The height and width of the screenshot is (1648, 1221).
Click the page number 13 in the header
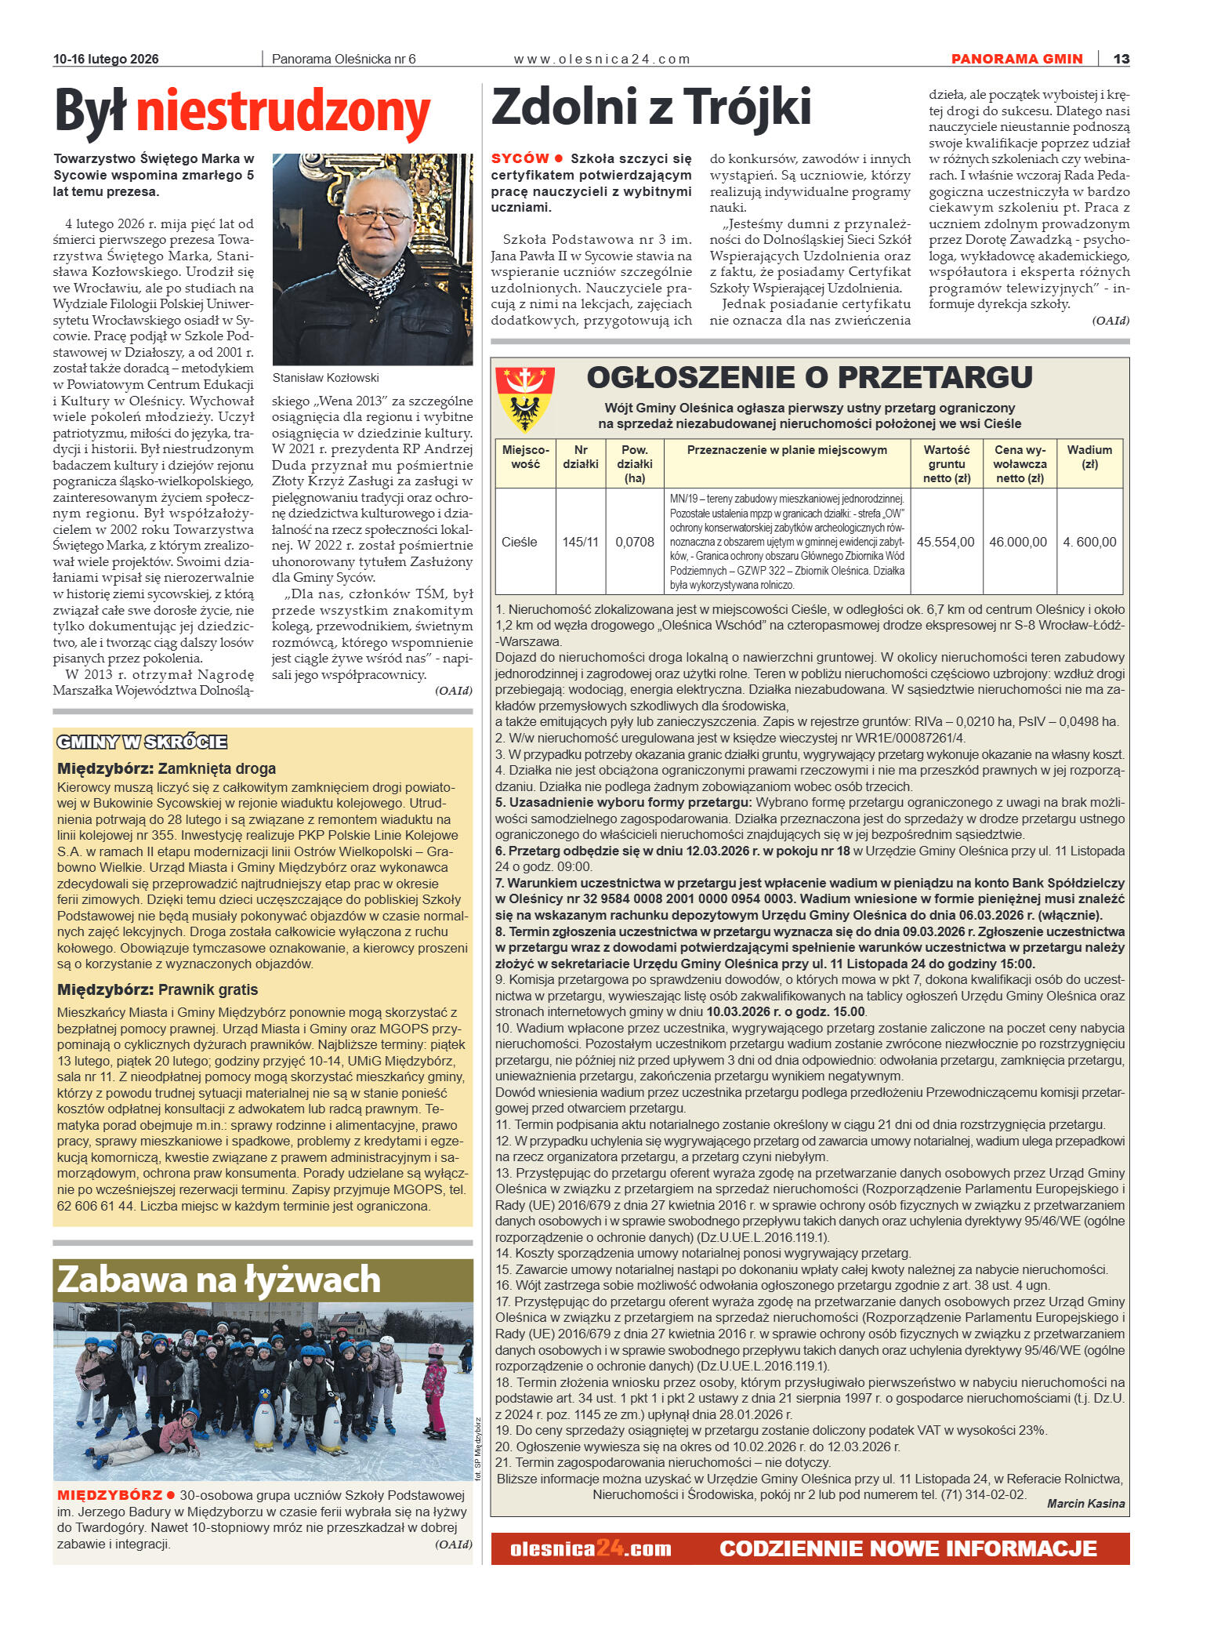point(1121,59)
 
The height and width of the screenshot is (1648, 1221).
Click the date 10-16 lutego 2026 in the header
point(106,60)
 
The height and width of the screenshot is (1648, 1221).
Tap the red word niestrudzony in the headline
point(283,111)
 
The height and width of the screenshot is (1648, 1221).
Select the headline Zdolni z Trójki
point(650,107)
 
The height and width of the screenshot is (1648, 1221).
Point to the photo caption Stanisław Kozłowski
point(325,377)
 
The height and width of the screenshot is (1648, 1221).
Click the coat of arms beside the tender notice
point(524,400)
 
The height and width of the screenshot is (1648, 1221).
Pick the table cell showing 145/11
point(580,542)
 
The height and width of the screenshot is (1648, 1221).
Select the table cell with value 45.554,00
point(946,542)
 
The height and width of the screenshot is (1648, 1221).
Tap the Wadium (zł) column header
point(1089,456)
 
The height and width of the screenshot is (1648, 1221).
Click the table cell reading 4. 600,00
point(1089,542)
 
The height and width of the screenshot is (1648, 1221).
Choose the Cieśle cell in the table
point(520,542)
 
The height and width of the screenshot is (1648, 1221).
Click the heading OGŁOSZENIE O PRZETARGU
point(810,377)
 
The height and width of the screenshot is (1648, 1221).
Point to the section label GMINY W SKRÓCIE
point(142,742)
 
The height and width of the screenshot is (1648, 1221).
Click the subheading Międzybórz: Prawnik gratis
point(158,989)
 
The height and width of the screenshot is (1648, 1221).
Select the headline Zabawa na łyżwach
point(219,1280)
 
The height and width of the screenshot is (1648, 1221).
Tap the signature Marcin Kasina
point(1085,1504)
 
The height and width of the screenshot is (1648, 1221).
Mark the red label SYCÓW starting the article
point(520,158)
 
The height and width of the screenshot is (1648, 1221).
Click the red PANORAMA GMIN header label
point(1016,59)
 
